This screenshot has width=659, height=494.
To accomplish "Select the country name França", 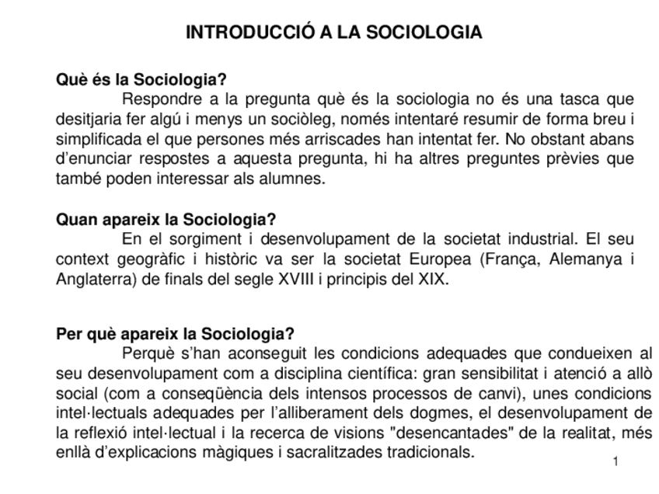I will pos(510,259).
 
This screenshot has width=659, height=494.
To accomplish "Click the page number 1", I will pos(615,463).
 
